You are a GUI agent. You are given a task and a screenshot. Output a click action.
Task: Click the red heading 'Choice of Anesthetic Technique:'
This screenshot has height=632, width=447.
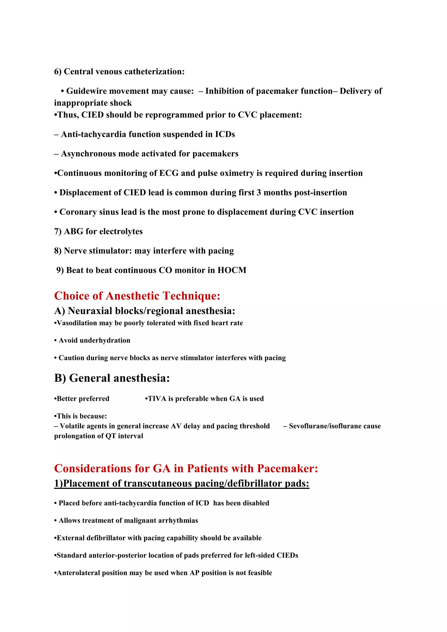click(x=137, y=296)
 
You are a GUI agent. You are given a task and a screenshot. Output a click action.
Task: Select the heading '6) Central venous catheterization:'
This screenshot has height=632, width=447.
click(x=119, y=72)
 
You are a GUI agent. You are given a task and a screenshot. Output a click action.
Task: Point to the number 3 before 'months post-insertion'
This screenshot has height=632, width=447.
click(x=259, y=192)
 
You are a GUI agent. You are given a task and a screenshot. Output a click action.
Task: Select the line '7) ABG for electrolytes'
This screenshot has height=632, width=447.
click(x=98, y=232)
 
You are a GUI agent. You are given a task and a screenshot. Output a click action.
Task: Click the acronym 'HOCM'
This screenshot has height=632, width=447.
click(x=232, y=270)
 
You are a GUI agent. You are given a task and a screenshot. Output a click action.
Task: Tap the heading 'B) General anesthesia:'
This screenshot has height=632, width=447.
click(x=112, y=378)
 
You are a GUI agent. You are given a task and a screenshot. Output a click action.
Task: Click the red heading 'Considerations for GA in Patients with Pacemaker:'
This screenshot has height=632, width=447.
click(x=186, y=469)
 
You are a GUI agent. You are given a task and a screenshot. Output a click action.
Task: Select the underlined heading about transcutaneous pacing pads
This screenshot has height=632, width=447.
click(x=182, y=483)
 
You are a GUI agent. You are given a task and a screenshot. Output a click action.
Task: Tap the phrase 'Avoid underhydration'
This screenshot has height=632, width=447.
click(x=94, y=340)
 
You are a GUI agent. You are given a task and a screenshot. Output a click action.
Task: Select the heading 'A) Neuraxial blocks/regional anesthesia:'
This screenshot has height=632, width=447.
click(x=144, y=311)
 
